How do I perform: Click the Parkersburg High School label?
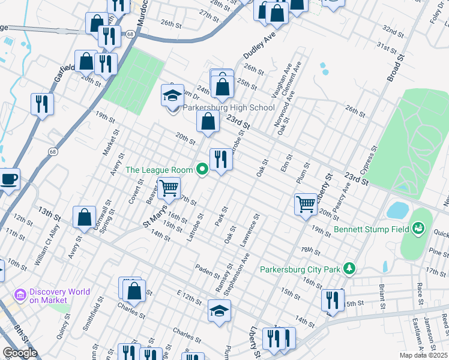pyautogui.click(x=228, y=108)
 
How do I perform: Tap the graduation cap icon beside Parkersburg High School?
pyautogui.click(x=172, y=95)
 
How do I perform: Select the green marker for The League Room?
pyautogui.click(x=202, y=170)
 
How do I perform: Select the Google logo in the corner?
pyautogui.click(x=20, y=353)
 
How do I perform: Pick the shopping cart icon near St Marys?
pyautogui.click(x=169, y=188)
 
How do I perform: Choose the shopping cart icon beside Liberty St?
pyautogui.click(x=306, y=203)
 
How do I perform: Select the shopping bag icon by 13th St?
pyautogui.click(x=84, y=217)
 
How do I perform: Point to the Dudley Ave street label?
pyautogui.click(x=259, y=46)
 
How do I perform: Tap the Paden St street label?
pyautogui.click(x=208, y=273)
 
